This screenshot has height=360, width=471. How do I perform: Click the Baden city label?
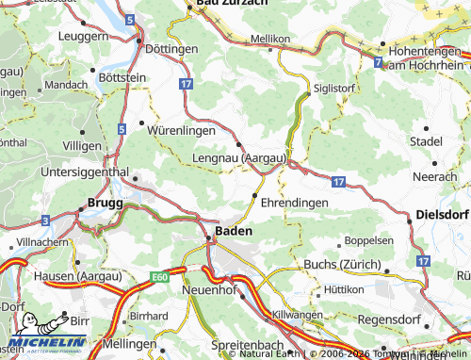point(233,230)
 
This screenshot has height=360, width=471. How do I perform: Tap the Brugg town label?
point(105,202)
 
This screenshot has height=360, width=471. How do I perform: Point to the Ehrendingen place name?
point(294,203)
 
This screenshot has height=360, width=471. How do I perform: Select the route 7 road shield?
point(378,62)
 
